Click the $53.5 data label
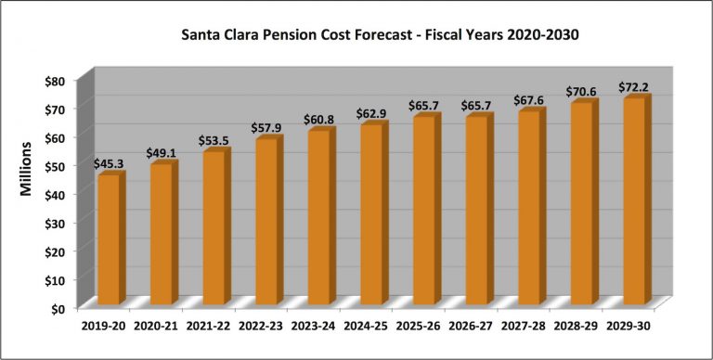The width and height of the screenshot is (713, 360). [x=214, y=141]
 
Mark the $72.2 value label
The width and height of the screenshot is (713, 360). [x=634, y=88]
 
